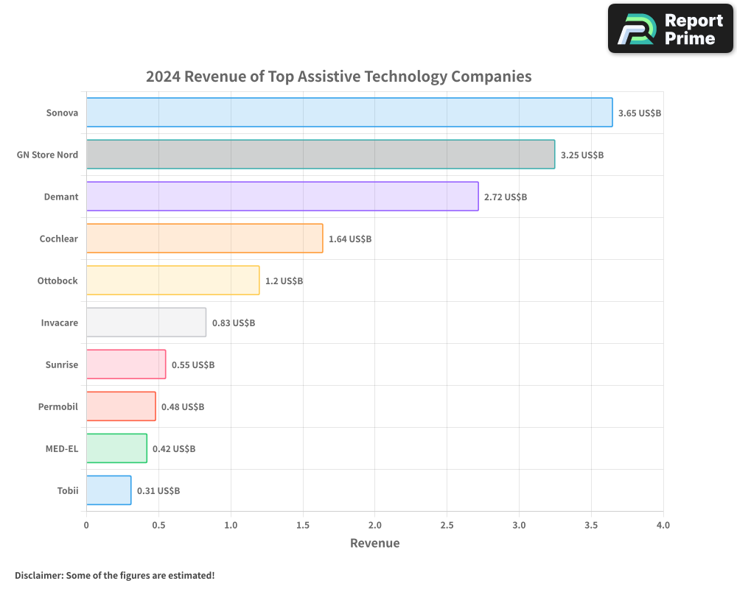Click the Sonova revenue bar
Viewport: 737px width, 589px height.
(x=349, y=113)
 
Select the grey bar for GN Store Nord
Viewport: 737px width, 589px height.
(x=321, y=155)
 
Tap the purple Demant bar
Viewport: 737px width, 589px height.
(x=282, y=197)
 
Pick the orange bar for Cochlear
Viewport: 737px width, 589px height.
(x=204, y=239)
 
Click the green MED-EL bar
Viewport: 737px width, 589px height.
(x=116, y=448)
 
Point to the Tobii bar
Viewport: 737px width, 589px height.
(x=108, y=490)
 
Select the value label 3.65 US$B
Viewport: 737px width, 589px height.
(x=640, y=113)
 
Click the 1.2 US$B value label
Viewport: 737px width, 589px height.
(x=284, y=281)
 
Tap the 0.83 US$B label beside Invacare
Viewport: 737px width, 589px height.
(x=234, y=323)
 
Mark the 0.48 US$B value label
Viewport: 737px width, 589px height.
(x=183, y=407)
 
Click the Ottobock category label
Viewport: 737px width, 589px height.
(x=57, y=281)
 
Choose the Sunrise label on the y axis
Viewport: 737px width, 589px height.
(x=61, y=364)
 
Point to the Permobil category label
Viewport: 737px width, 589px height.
(x=58, y=406)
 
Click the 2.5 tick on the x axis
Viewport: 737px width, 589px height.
(x=447, y=526)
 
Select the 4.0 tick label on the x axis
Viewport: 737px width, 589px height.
(x=663, y=526)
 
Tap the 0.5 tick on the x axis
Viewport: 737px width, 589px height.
(x=158, y=526)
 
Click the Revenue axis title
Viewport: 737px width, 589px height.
(x=374, y=543)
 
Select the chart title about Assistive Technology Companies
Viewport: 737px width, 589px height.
(x=338, y=77)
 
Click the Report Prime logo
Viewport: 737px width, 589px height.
(x=670, y=29)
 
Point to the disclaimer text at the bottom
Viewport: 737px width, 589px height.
(x=114, y=575)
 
